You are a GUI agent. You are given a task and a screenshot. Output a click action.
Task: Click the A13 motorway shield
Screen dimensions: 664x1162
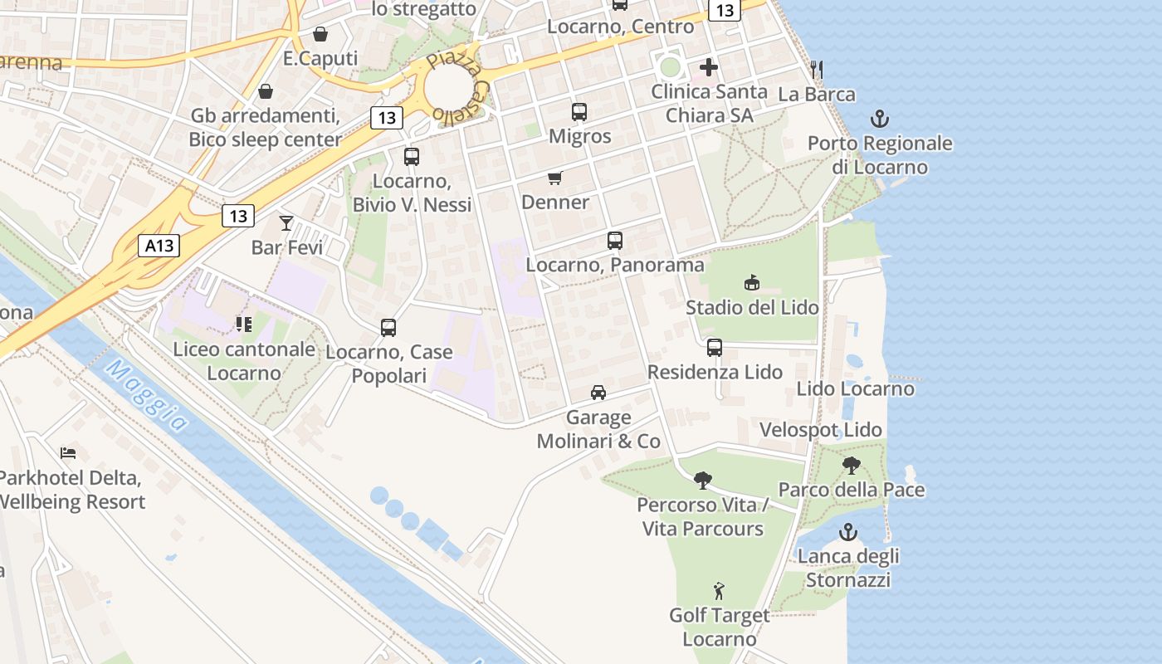(159, 246)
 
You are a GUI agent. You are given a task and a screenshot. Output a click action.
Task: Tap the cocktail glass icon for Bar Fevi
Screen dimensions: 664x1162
(286, 222)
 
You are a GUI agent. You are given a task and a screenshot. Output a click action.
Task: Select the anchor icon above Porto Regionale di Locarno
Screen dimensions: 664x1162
(880, 119)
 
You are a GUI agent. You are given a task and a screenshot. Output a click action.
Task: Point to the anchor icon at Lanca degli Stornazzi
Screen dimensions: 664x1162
(847, 531)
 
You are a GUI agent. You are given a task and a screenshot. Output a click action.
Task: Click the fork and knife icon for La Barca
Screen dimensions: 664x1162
(817, 69)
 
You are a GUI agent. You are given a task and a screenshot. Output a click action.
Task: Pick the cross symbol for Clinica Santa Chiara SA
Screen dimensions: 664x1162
(709, 67)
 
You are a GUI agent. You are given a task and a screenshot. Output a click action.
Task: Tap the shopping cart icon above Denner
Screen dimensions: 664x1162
(555, 178)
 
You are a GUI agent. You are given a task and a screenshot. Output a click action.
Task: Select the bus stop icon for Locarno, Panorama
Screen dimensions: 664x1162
(614, 241)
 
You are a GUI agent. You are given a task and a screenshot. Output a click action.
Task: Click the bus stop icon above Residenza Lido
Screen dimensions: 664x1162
(715, 347)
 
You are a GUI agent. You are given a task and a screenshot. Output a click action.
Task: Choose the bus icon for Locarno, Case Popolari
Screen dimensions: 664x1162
(388, 327)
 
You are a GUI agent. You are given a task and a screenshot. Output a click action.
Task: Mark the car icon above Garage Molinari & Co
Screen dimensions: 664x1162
(598, 392)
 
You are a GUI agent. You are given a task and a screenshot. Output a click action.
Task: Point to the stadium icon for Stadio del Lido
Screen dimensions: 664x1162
(751, 283)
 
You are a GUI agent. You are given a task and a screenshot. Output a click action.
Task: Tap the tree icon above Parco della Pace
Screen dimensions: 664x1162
(851, 465)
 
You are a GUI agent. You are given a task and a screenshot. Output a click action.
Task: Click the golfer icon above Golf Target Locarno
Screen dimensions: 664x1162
(719, 591)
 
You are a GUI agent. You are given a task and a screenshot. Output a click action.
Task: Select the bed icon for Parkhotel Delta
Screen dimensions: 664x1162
(68, 453)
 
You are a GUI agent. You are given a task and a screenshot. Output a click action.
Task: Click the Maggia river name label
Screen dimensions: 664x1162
(146, 397)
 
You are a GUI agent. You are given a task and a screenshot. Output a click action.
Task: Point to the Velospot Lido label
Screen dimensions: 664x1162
(821, 430)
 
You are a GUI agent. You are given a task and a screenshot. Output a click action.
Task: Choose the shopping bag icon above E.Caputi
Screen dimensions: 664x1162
(320, 34)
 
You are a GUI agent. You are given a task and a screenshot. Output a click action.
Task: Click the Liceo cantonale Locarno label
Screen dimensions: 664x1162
(243, 361)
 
